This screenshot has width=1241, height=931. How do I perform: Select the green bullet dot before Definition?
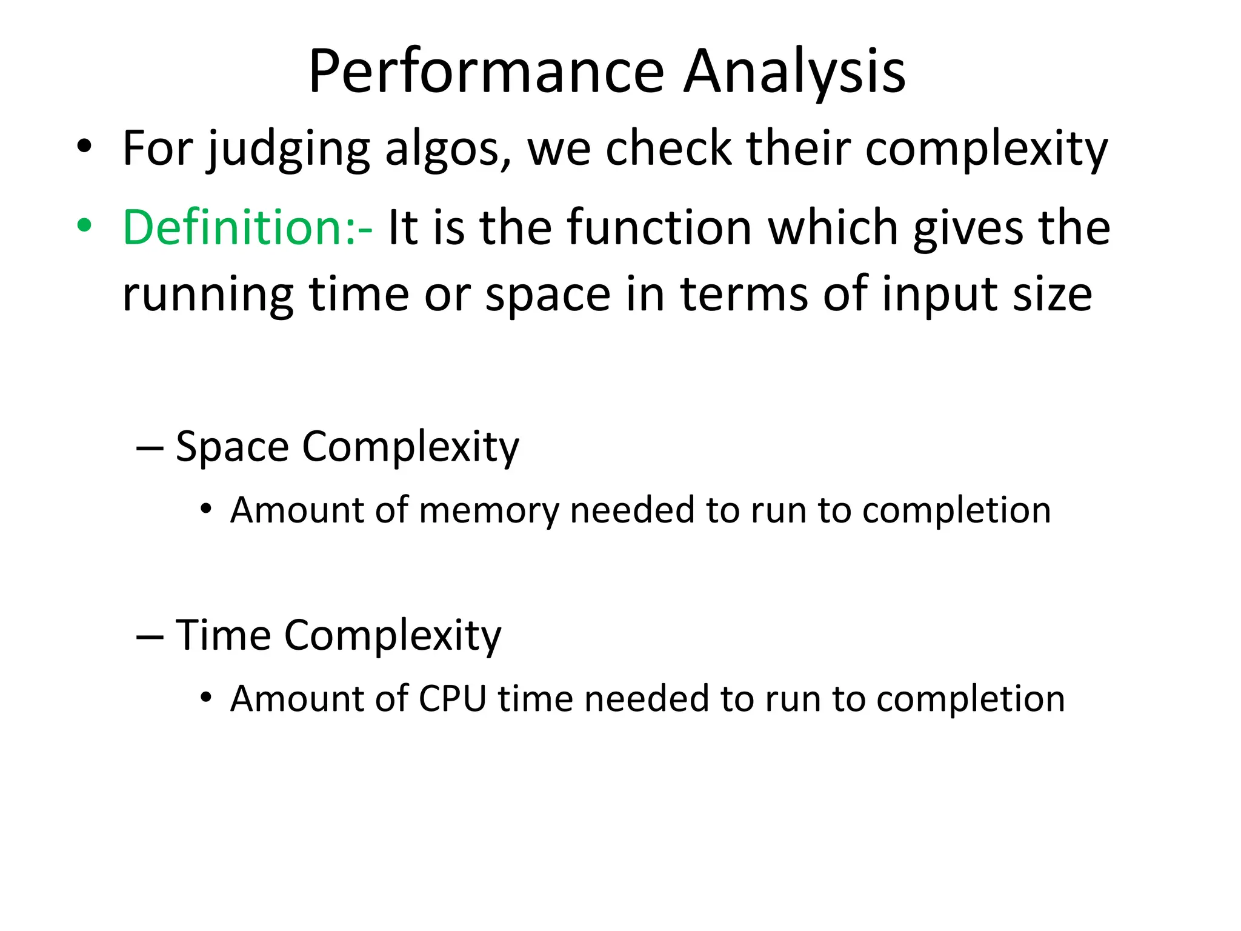[84, 225]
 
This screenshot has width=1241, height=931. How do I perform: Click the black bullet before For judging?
[84, 146]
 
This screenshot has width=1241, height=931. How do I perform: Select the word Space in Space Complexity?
[232, 447]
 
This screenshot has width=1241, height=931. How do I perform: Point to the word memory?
[488, 510]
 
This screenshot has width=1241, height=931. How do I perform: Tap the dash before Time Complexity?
[150, 637]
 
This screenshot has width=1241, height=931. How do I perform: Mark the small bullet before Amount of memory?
[206, 509]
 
